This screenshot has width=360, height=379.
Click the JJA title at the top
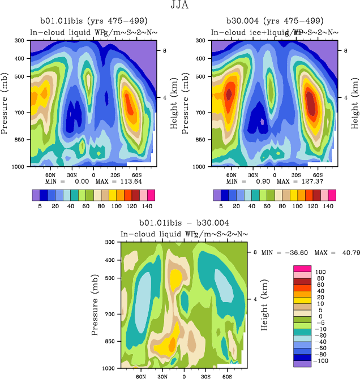[x=180, y=6]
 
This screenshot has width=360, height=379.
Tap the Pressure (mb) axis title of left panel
[x=5, y=104]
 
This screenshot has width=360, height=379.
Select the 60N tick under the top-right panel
[x=232, y=175]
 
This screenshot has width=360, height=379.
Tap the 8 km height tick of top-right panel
[x=346, y=50]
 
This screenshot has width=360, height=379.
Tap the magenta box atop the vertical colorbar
[x=302, y=268]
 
